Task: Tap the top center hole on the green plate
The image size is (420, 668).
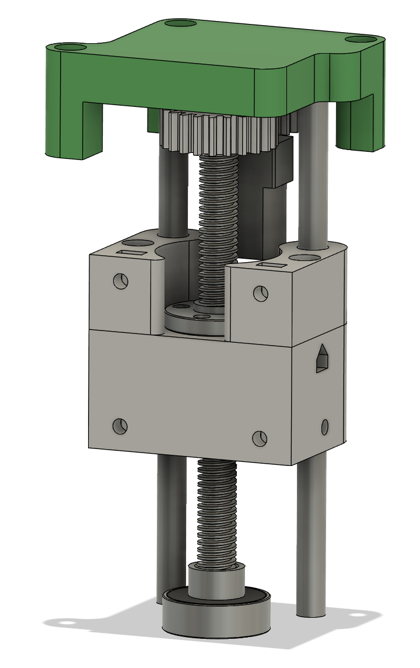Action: pos(180,24)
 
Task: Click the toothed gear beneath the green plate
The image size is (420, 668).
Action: pos(222,131)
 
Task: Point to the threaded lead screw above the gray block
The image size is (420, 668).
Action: pos(218,222)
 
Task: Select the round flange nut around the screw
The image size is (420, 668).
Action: pos(192,318)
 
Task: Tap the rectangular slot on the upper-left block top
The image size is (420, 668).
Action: pos(132,252)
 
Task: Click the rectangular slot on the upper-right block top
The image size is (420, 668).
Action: pos(272,265)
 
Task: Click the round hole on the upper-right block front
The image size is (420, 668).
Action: pos(260,293)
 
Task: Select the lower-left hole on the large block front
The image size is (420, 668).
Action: pos(120,426)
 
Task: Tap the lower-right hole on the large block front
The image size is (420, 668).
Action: pos(260,437)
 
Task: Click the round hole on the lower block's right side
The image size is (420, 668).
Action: pos(325,427)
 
